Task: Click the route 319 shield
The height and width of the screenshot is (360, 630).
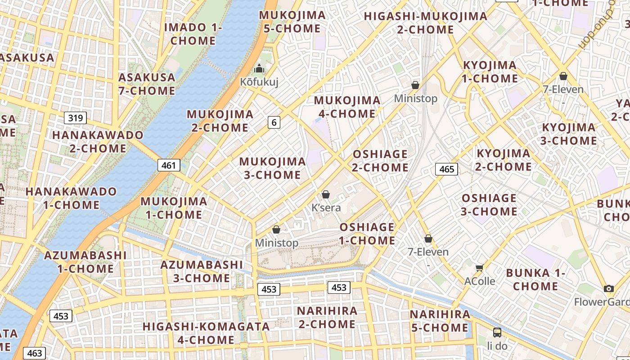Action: [x=75, y=118]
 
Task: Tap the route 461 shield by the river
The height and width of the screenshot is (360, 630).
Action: [x=169, y=165]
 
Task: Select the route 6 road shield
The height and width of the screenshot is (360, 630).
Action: [x=274, y=122]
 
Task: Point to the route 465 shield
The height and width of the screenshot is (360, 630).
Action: [x=446, y=169]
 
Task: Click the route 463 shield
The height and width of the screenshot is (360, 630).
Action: [x=35, y=353]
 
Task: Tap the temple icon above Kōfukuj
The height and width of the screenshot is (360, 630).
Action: [x=259, y=69]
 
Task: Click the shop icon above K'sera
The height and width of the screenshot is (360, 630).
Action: [x=326, y=194]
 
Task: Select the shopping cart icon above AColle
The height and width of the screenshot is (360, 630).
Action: [x=480, y=268]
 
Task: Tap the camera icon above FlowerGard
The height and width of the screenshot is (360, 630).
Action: [x=609, y=288]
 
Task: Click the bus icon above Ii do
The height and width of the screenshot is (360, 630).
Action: [x=497, y=333]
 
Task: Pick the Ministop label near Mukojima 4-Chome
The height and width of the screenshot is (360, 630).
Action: [x=415, y=98]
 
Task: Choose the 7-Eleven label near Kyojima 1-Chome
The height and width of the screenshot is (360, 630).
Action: [x=563, y=89]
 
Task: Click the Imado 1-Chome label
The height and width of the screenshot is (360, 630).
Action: [x=193, y=34]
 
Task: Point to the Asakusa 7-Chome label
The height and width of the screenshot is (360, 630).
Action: [x=147, y=84]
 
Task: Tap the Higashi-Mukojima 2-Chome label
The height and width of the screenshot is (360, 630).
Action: [x=425, y=23]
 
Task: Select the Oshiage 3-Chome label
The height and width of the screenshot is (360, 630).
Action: [x=489, y=204]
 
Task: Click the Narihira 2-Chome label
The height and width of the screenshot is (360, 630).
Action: [x=327, y=317]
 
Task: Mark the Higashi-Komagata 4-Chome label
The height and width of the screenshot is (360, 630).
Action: [x=206, y=333]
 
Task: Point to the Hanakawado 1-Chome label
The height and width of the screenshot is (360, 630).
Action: [x=71, y=198]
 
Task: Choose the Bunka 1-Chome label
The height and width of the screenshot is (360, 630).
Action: [x=535, y=279]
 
